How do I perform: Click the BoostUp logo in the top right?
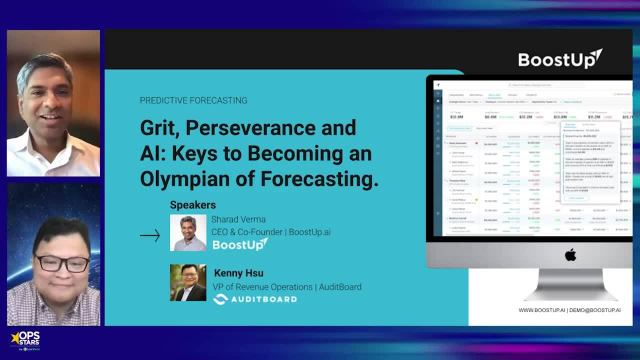[x=560, y=59]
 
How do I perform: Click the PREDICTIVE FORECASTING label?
[x=193, y=100]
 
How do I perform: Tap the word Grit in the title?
[x=159, y=128]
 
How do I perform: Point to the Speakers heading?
[x=192, y=205]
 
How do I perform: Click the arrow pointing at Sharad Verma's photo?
[x=150, y=235]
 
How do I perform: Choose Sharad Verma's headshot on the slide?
[x=188, y=232]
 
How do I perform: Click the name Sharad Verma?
[x=238, y=219]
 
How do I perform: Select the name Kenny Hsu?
[x=238, y=273]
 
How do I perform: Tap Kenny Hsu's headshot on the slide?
[x=188, y=282]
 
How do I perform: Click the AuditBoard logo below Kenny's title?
[x=255, y=299]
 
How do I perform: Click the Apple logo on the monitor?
[x=570, y=255]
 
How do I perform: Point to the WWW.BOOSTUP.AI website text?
[x=541, y=310]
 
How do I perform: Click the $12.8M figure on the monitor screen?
[x=456, y=117]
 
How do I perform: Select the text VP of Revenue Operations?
[x=262, y=287]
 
